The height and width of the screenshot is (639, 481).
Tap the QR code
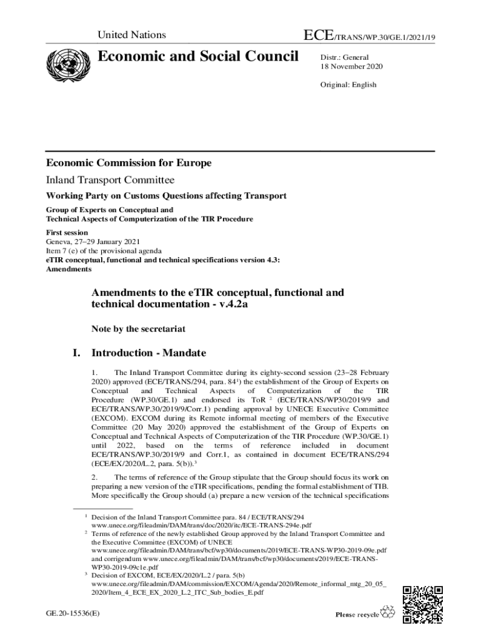click(423, 605)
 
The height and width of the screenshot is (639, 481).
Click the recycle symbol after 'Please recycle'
click(389, 613)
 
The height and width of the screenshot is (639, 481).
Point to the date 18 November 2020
click(351, 67)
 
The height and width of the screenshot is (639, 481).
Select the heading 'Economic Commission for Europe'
click(129, 163)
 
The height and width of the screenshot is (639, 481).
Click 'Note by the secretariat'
click(138, 328)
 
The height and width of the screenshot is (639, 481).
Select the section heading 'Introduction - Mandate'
click(149, 353)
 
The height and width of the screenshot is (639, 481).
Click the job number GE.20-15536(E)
click(72, 614)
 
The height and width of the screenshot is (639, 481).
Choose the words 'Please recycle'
click(357, 615)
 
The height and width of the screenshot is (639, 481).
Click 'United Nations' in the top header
click(132, 35)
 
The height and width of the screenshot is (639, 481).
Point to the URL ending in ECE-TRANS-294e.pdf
click(201, 526)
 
